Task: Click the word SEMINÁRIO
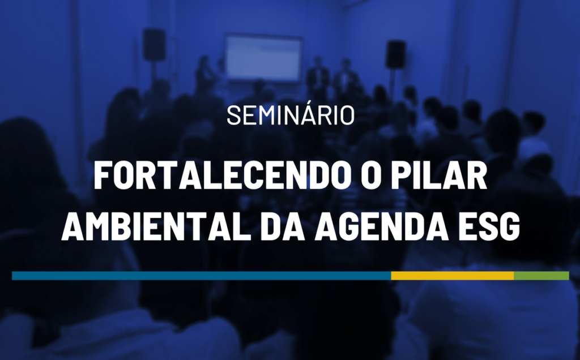[291, 115]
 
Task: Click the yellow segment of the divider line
[452, 276]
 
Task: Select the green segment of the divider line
[541, 276]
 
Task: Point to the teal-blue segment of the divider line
[201, 276]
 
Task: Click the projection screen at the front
[263, 58]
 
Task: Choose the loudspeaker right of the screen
[395, 54]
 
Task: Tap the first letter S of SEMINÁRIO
[233, 115]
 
